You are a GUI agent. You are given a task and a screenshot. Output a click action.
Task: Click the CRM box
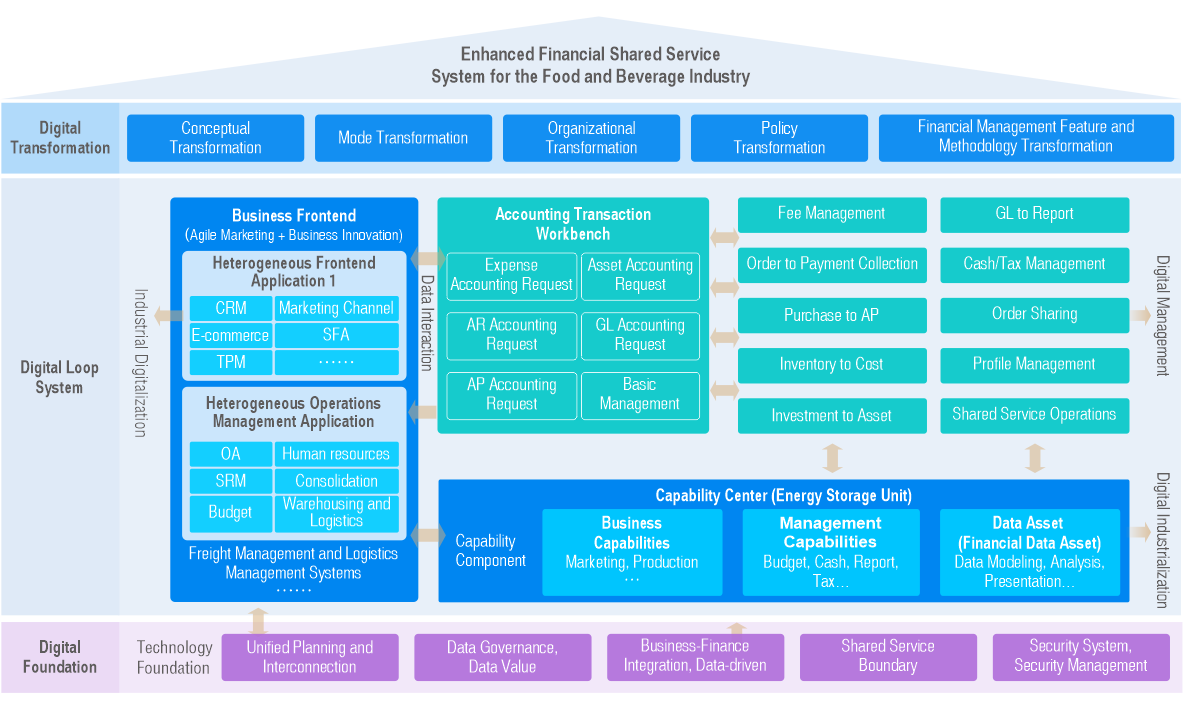point(231,308)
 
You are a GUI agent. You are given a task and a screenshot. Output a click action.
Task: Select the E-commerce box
point(231,335)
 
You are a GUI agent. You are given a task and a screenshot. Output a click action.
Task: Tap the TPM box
point(231,362)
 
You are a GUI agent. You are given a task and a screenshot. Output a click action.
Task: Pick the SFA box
point(336,335)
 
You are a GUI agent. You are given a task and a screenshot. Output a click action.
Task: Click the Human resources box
point(336,454)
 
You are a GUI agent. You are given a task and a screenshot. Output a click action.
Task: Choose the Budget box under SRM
point(231,512)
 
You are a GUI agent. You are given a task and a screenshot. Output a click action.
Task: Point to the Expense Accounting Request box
point(511,275)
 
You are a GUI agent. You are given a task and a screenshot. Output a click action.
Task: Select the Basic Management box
point(640,394)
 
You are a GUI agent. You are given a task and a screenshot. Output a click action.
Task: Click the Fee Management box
point(831,214)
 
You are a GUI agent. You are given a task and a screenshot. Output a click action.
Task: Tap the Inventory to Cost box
point(831,365)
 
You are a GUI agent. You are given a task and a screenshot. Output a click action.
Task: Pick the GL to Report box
point(1034,214)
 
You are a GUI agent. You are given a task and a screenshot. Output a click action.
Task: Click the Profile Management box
point(1034,365)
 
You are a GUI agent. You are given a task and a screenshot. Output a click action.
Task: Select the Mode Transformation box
point(403,138)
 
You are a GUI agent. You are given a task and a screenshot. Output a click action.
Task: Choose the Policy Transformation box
point(779,138)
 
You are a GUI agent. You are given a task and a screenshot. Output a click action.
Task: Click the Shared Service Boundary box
point(887,656)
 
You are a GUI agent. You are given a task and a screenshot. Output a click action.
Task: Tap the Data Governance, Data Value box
point(502,657)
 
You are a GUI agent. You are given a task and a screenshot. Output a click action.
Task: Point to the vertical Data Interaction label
point(426,323)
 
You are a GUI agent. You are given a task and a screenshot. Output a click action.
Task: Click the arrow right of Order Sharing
point(1141,316)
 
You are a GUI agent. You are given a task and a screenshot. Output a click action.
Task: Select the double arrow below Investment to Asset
point(832,457)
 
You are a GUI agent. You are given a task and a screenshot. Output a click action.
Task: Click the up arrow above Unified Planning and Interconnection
point(258,621)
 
